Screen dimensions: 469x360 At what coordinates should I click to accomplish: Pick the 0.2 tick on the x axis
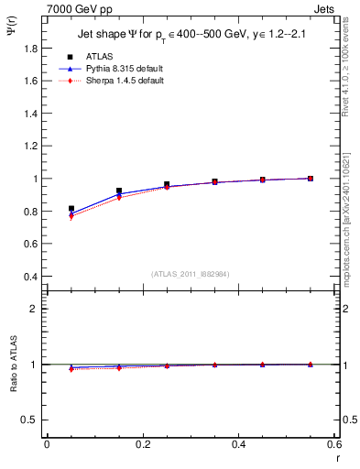click(143, 446)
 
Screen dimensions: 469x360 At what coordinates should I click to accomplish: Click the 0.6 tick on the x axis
click(334, 446)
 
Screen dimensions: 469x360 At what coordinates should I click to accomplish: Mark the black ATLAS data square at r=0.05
click(71, 209)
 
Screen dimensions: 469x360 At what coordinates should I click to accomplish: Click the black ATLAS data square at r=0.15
click(119, 191)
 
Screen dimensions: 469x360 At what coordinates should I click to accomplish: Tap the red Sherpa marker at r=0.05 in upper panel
click(71, 217)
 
